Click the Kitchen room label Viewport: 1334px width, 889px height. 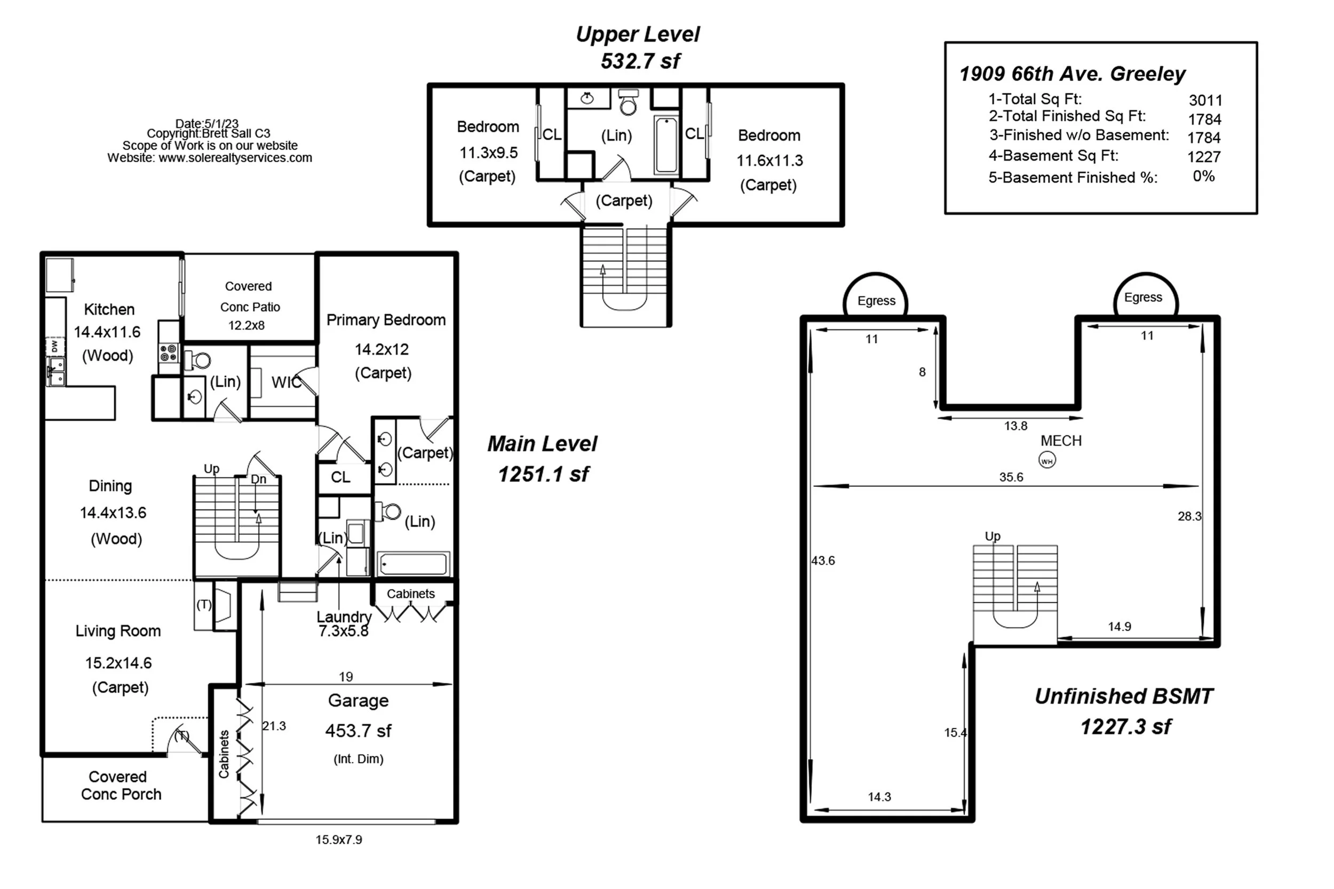(109, 309)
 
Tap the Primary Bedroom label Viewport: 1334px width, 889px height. (386, 321)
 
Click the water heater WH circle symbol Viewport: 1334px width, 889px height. (1047, 460)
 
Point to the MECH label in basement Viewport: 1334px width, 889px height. (1061, 441)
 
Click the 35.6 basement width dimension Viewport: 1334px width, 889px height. (1011, 477)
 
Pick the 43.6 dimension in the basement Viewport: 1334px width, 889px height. (823, 560)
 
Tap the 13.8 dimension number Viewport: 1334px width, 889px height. (1015, 426)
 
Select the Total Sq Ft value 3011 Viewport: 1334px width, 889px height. (1205, 100)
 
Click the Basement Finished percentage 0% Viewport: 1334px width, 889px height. (1204, 177)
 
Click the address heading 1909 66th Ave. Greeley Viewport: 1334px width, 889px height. (1072, 74)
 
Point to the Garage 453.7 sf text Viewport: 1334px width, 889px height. (359, 731)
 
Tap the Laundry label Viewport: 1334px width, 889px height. (344, 616)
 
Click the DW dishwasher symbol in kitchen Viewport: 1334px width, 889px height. (54, 346)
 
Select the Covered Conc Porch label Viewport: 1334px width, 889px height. (121, 785)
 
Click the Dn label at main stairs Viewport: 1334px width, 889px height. (259, 479)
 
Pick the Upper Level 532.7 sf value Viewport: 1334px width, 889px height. (640, 61)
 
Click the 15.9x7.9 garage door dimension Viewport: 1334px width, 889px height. (339, 840)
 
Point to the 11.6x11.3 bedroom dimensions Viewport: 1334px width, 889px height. (769, 161)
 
